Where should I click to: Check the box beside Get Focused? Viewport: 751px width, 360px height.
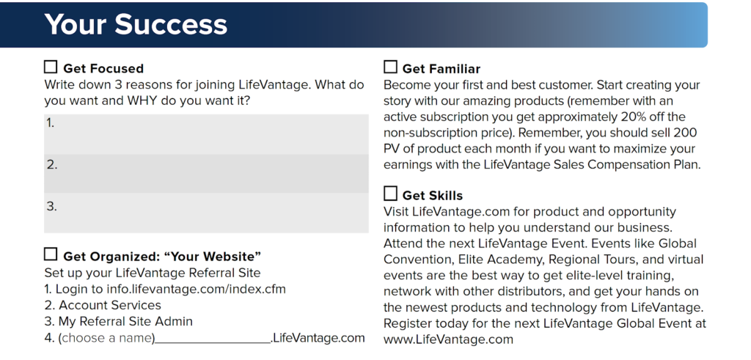[51, 67]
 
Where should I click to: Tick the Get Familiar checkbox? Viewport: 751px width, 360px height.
[390, 67]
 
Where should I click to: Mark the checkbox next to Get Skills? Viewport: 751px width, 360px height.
[390, 194]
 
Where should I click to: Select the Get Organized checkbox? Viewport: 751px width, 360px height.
[51, 254]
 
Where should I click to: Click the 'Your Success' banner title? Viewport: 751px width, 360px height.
[136, 24]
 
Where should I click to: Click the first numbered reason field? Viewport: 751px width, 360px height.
[206, 134]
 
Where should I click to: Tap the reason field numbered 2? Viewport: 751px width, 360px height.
[206, 173]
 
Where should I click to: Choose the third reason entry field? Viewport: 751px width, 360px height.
[206, 213]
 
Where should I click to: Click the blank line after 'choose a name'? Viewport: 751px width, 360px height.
[213, 342]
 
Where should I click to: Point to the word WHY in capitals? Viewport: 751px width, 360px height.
[142, 101]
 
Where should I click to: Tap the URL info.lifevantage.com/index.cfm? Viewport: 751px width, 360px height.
[196, 289]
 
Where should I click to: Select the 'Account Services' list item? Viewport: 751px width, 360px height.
[110, 305]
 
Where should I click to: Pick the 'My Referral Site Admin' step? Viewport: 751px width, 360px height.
[125, 321]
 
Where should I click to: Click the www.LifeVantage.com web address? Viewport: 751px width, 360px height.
[448, 339]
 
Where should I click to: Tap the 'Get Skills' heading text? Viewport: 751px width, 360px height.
[433, 195]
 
